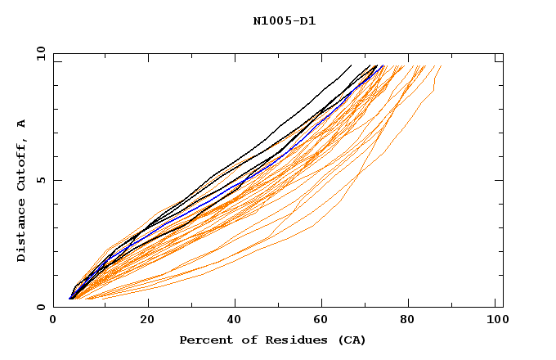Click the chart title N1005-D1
tap(284, 21)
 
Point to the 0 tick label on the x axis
tap(53, 322)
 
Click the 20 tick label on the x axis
tap(148, 322)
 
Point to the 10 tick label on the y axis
tap(39, 53)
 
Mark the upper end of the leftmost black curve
tap(351, 65)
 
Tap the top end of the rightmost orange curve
tap(441, 66)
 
